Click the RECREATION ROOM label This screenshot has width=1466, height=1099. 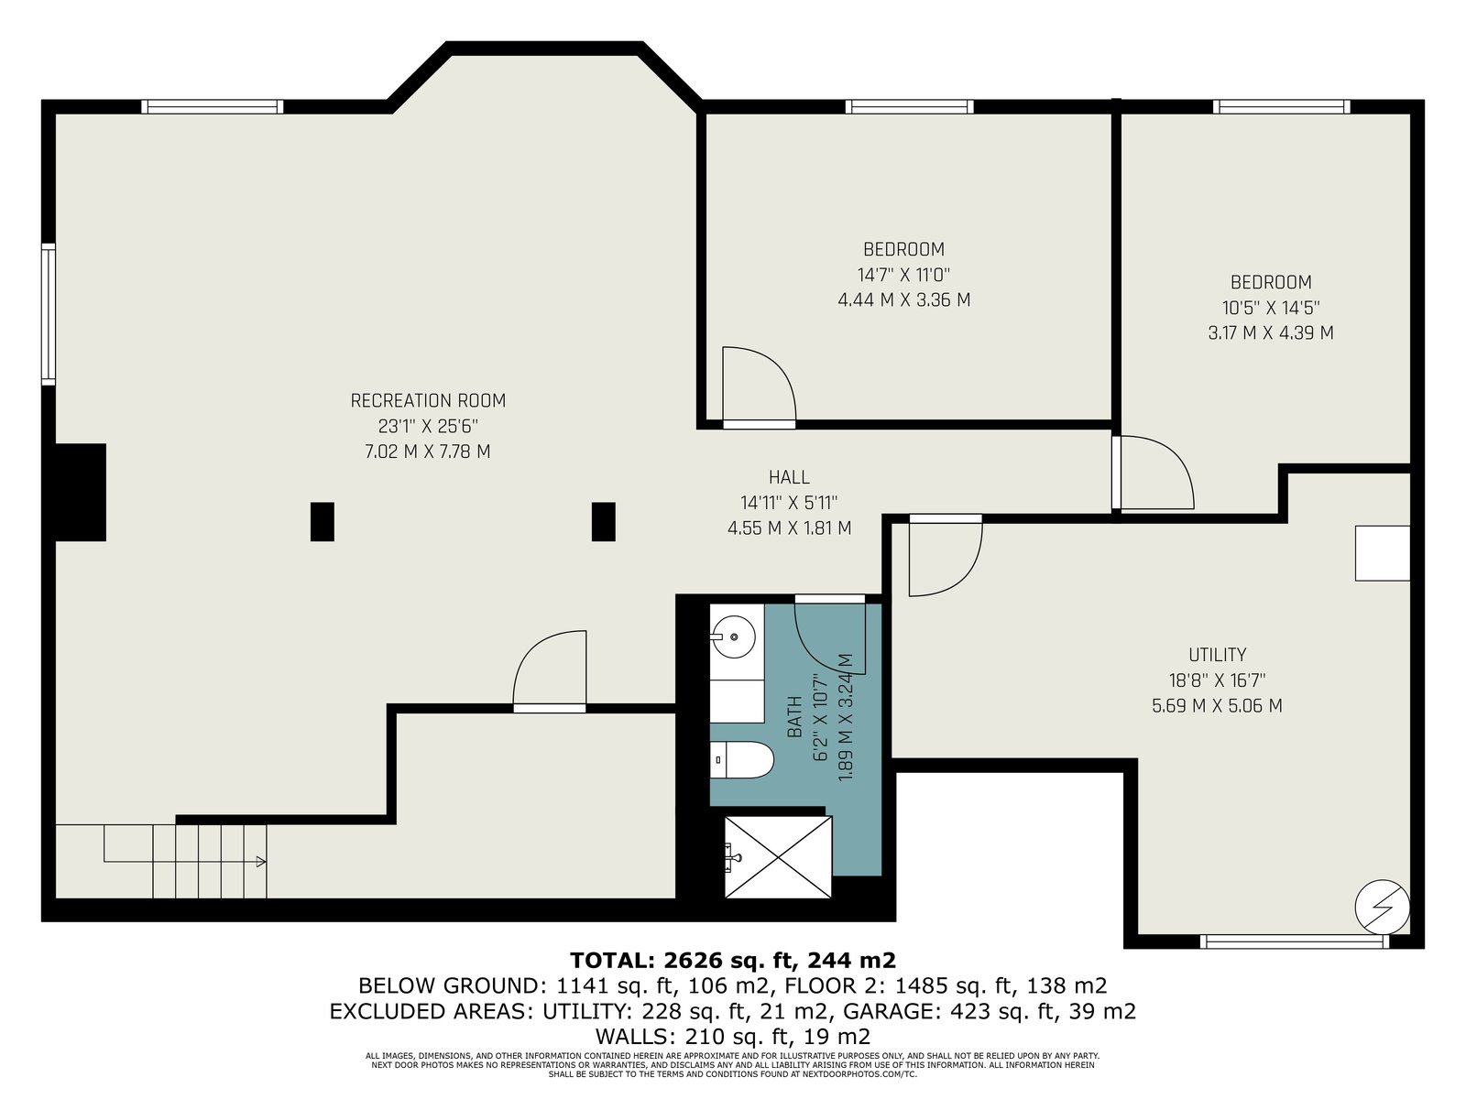point(428,400)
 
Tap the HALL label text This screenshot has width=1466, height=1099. point(789,477)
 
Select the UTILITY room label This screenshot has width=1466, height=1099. point(1217,655)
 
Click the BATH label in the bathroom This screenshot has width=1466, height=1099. point(794,717)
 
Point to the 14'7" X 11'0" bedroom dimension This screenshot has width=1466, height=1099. point(903,274)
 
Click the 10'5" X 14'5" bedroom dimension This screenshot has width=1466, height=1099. point(1271,308)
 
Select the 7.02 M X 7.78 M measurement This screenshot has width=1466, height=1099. point(428,452)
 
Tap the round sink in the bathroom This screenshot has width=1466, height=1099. point(733,637)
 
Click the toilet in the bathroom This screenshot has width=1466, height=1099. point(741,759)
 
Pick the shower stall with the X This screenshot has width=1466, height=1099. point(778,857)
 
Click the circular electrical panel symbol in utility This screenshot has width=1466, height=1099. point(1382,909)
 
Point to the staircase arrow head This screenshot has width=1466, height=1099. point(261,862)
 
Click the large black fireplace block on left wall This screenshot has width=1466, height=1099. point(80,493)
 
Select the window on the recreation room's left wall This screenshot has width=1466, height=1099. point(48,313)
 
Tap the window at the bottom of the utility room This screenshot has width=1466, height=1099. point(1295,941)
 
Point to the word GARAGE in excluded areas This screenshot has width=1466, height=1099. point(888,1012)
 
